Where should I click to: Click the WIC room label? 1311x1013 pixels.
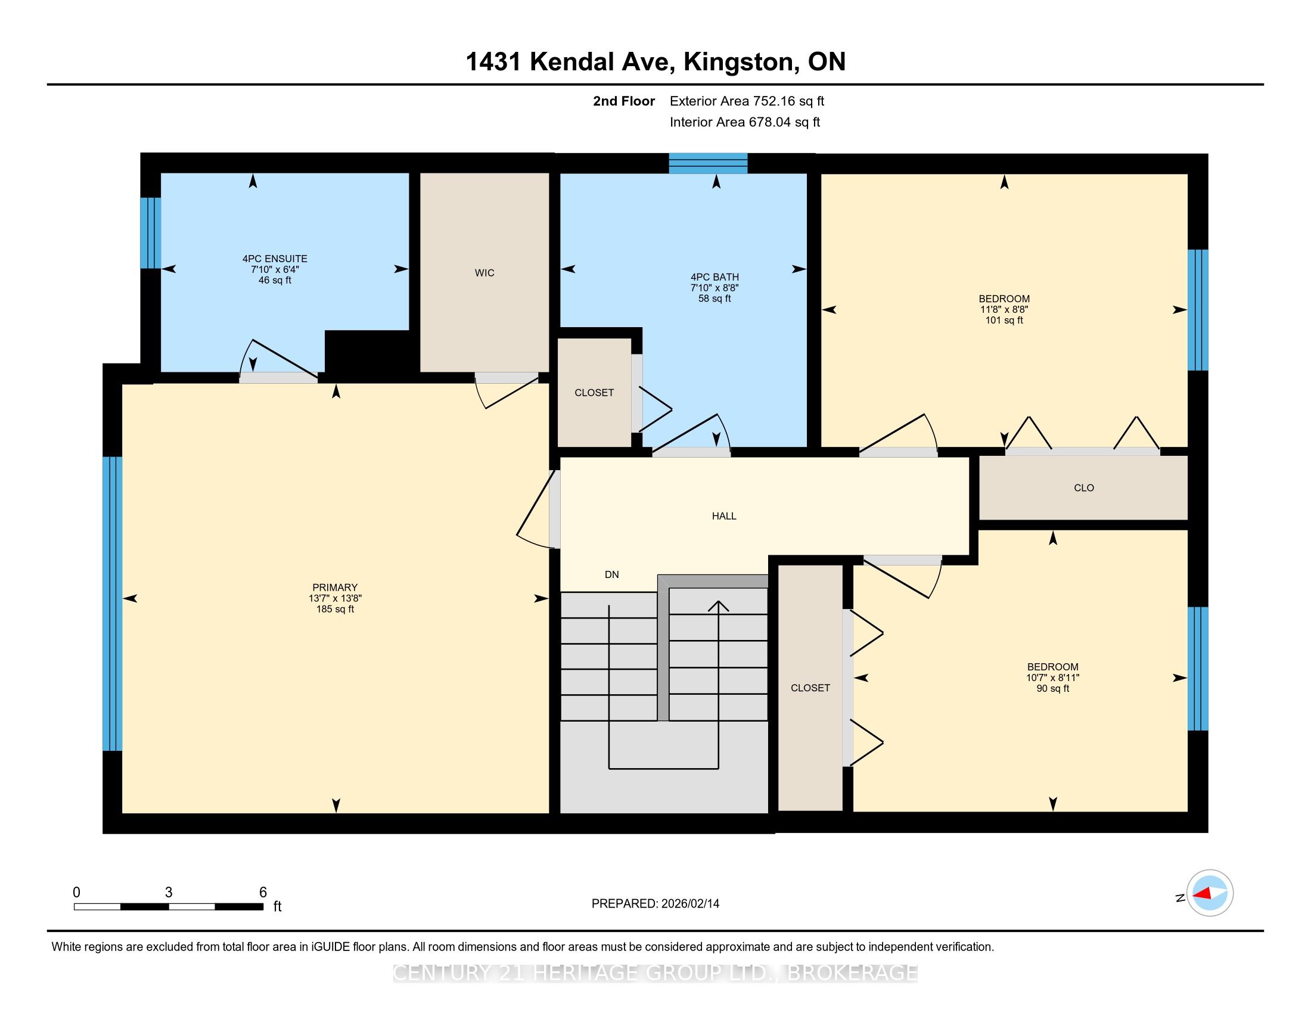click(x=484, y=273)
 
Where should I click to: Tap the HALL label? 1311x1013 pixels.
click(x=724, y=516)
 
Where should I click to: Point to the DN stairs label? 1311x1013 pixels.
click(x=611, y=575)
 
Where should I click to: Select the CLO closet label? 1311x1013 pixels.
click(x=1083, y=488)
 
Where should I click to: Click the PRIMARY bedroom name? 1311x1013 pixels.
click(x=335, y=588)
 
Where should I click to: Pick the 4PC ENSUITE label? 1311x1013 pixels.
click(x=275, y=259)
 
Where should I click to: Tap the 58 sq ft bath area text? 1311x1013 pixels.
click(x=714, y=299)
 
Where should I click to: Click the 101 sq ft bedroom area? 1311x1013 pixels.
click(x=1004, y=320)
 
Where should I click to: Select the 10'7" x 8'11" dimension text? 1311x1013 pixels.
click(x=1052, y=678)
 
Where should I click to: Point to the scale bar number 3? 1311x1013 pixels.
click(x=169, y=893)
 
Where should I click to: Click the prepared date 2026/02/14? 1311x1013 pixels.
click(x=689, y=904)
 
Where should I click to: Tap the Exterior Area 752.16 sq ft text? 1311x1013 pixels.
click(x=747, y=101)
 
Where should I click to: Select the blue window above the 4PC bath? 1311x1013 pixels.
click(x=709, y=163)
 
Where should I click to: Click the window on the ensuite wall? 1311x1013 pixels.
click(x=151, y=233)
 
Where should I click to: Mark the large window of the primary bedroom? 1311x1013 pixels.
click(x=112, y=604)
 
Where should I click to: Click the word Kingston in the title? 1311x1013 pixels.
click(x=741, y=62)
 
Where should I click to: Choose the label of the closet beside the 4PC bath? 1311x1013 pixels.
click(x=594, y=393)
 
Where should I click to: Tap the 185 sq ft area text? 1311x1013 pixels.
click(x=335, y=609)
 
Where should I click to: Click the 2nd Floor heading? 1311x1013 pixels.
click(x=624, y=101)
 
